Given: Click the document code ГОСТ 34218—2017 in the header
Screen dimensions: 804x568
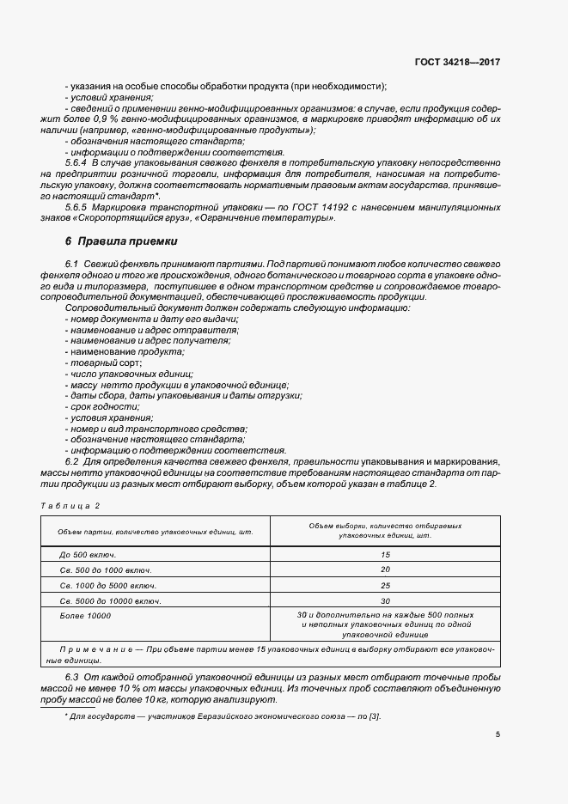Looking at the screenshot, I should [457, 63].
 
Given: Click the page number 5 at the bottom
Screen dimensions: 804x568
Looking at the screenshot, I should [498, 734].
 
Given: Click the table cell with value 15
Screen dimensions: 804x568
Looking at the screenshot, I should [385, 555].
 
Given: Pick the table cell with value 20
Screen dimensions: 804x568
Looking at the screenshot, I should [385, 569].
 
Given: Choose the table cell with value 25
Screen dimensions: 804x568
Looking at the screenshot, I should [385, 585].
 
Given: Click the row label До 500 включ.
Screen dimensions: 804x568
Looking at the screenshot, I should [88, 555].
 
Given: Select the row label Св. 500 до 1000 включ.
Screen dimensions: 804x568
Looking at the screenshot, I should [106, 569].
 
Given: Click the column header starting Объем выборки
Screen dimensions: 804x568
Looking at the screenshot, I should [385, 528].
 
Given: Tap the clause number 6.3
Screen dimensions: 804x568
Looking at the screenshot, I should [72, 678].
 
